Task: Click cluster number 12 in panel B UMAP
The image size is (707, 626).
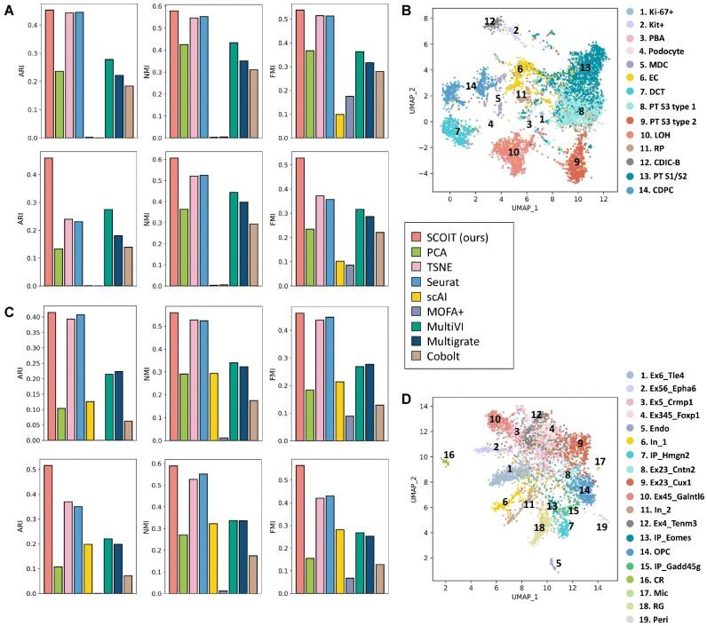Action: (489, 20)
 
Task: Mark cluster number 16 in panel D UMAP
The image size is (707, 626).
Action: (449, 455)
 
